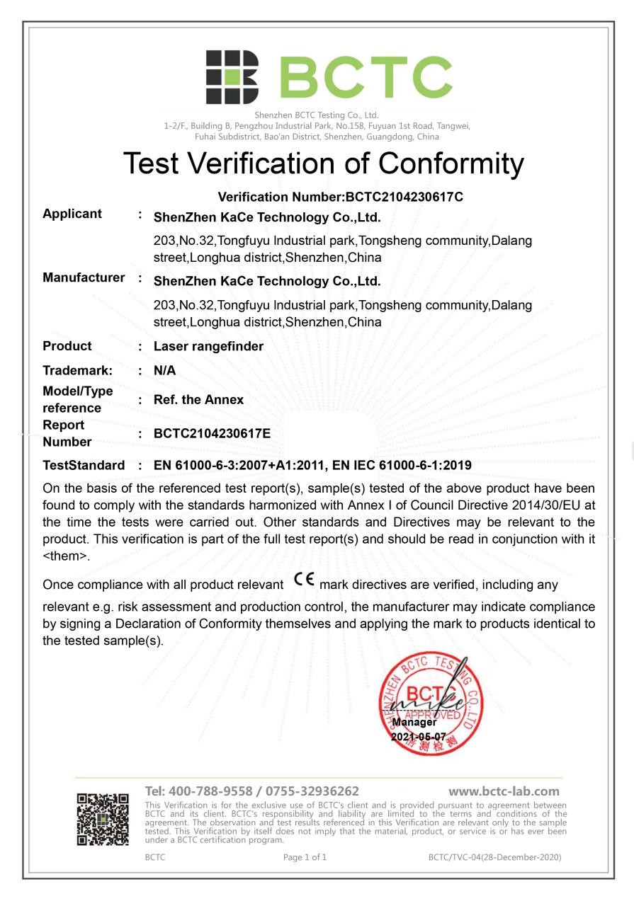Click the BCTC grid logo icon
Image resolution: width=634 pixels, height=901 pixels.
coord(232,77)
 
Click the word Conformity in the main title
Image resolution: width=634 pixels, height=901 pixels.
coord(451,163)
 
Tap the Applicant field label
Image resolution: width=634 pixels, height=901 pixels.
coord(72,214)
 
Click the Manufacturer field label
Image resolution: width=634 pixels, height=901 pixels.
coord(84,277)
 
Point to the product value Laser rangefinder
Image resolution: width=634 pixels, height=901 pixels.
coord(208,346)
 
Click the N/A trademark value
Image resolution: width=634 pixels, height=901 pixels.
coord(164,370)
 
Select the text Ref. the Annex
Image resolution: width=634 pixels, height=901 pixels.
coord(198,400)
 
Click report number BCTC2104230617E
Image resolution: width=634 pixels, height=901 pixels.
coord(212,433)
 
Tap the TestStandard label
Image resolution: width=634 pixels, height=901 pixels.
coord(84,465)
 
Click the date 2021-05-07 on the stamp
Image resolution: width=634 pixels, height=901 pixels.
coord(419,737)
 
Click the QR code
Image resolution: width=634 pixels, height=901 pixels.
coord(103,820)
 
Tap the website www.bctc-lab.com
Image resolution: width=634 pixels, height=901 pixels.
coord(504,791)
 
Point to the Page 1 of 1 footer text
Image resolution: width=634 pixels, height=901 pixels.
coord(305,857)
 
